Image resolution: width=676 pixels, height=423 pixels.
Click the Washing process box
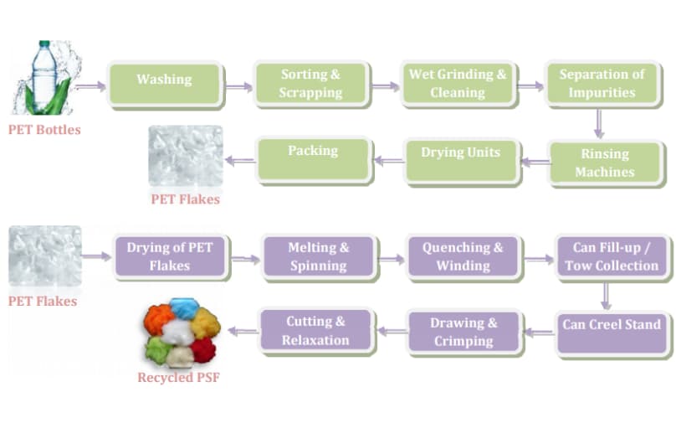click(164, 82)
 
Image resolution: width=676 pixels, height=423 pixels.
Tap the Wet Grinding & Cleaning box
click(457, 83)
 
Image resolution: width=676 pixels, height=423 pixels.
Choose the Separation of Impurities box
click(602, 83)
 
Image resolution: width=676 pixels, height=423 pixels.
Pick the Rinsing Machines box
click(604, 162)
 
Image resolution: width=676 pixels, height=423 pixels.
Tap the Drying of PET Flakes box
click(170, 256)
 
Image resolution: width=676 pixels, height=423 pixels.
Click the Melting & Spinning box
click(318, 256)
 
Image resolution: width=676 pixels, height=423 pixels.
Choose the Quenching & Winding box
click(463, 256)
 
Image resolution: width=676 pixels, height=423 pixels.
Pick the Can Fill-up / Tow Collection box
click(611, 256)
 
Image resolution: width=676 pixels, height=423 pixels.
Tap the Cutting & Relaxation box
click(315, 331)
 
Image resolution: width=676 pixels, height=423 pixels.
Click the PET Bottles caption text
click(44, 130)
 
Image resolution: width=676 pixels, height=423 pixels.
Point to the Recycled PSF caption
click(178, 378)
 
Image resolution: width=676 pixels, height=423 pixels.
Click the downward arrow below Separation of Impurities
click(598, 123)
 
